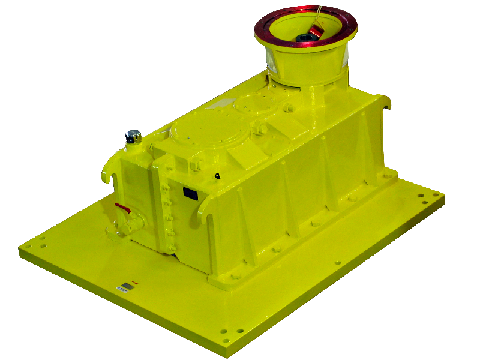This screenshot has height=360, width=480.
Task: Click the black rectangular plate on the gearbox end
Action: [x=191, y=193]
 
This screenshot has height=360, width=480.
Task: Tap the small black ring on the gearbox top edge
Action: [x=217, y=176]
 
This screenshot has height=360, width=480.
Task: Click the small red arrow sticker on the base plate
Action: [x=135, y=281]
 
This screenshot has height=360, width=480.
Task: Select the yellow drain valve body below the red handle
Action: [x=133, y=224]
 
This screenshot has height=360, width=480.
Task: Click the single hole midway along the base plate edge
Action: [x=337, y=263]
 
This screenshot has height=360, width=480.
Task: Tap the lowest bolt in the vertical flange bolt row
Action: [x=172, y=248]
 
